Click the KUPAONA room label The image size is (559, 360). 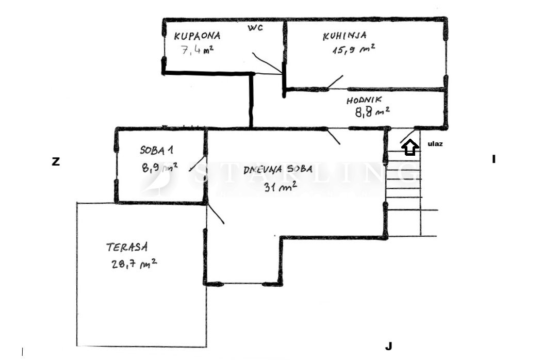click(x=197, y=36)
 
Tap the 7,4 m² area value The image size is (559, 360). click(x=197, y=50)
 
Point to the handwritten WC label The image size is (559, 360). click(x=256, y=28)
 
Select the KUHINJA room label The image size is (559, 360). click(x=344, y=36)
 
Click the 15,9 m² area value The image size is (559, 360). click(x=353, y=49)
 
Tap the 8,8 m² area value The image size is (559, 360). click(x=372, y=112)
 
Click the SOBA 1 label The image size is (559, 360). click(x=156, y=150)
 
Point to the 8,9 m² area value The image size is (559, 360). click(x=159, y=167)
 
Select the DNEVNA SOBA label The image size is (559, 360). click(x=278, y=170)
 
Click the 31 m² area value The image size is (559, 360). click(x=280, y=186)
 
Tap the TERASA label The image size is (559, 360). click(x=127, y=247)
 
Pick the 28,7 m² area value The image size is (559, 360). click(x=134, y=264)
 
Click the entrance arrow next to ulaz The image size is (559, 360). click(x=410, y=147)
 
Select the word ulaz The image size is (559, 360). click(x=435, y=144)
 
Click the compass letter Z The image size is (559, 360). click(x=56, y=162)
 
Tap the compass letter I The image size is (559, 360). click(x=494, y=159)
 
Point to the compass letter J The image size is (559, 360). click(x=389, y=346)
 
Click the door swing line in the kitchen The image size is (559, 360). click(x=335, y=81)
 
